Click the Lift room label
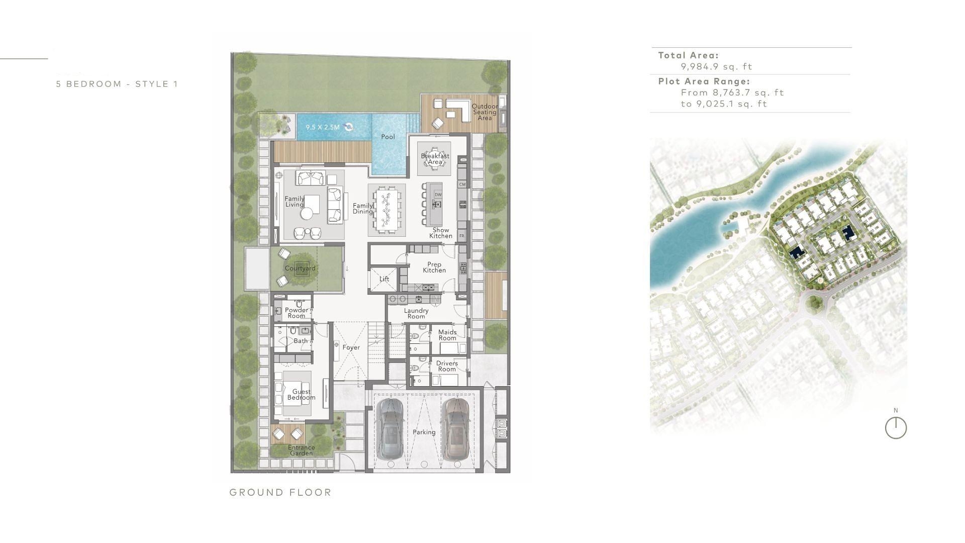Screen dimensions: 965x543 384,279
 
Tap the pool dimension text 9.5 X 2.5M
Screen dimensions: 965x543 323,127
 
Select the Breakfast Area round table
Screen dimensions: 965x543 435,158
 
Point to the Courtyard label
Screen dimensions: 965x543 300,268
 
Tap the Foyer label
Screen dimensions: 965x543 351,347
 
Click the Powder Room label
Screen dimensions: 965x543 297,313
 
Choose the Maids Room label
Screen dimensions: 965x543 447,335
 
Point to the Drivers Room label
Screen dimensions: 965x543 447,366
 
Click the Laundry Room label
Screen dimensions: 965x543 416,313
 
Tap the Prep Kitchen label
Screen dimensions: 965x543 434,267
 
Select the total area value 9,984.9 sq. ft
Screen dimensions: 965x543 716,66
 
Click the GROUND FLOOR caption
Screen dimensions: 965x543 280,492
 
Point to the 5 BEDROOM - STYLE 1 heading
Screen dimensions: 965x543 117,84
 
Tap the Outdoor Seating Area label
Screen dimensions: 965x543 485,112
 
